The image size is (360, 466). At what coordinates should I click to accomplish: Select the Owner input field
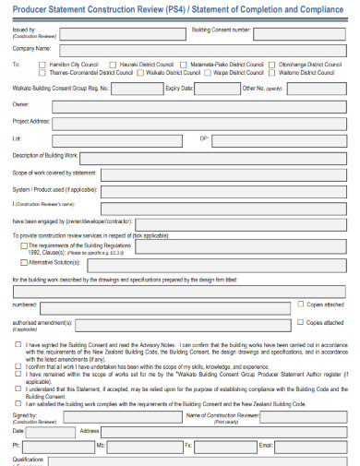198,105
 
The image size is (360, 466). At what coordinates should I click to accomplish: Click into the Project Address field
198,122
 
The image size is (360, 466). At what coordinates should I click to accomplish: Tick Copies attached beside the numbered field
299,304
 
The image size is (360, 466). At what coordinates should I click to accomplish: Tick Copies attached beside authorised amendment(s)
299,322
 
